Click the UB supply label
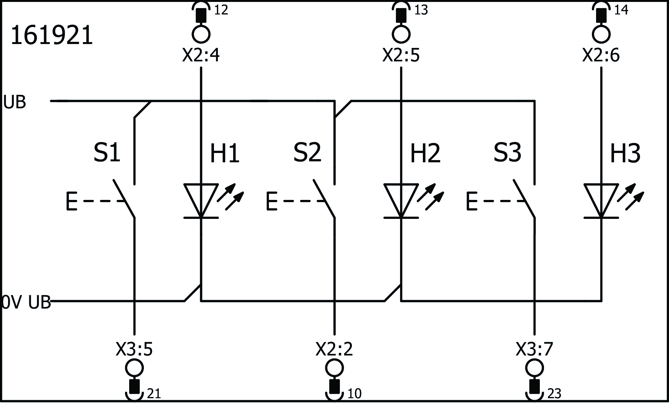click(x=14, y=103)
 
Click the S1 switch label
click(x=107, y=153)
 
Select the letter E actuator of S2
click(x=272, y=201)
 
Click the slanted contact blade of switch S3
click(x=524, y=199)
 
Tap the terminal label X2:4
click(x=201, y=55)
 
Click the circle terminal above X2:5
click(x=401, y=34)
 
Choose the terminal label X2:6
click(x=601, y=55)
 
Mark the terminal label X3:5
click(x=134, y=349)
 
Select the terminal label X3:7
click(x=534, y=349)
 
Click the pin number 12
click(x=221, y=10)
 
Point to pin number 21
click(x=154, y=394)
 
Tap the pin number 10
click(x=354, y=394)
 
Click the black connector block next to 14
click(x=601, y=15)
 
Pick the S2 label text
click(x=307, y=153)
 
